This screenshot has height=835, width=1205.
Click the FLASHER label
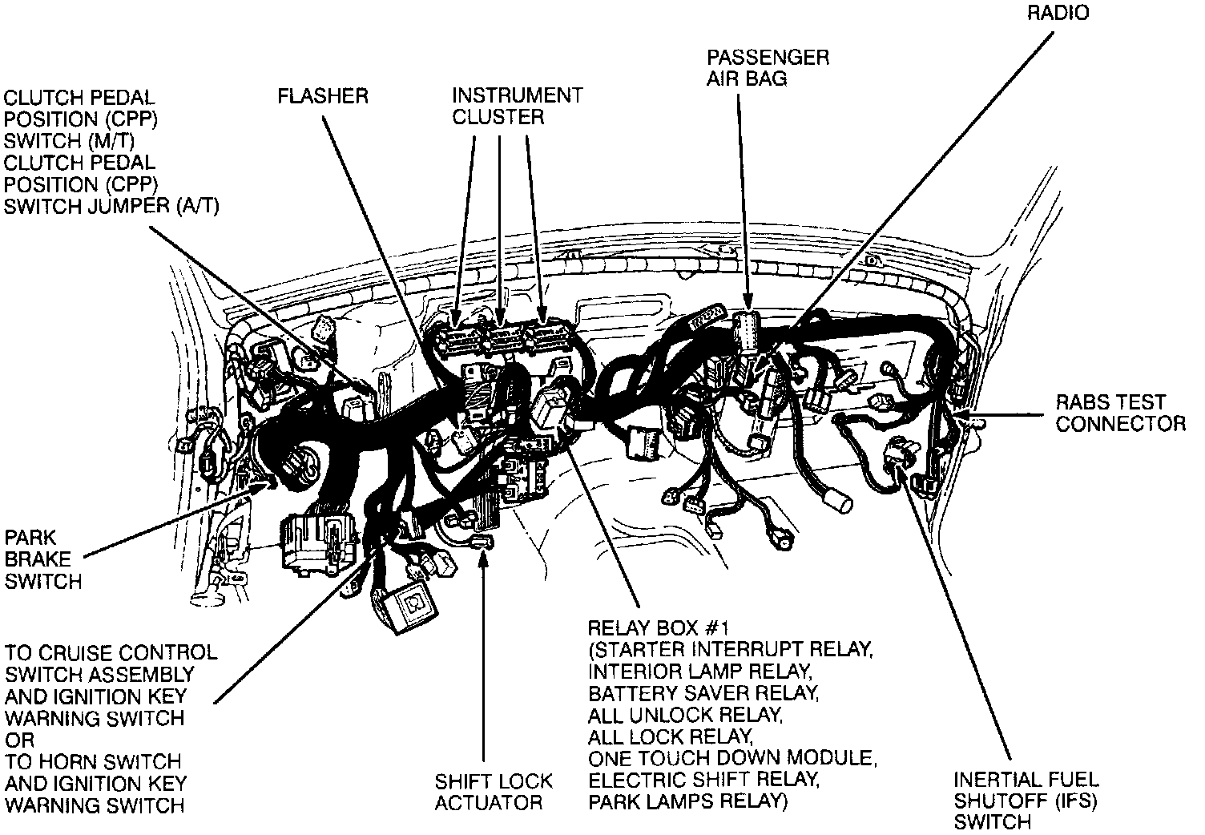(x=322, y=97)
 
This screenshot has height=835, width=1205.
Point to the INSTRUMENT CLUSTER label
(x=517, y=107)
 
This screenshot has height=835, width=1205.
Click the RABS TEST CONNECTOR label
(x=1120, y=413)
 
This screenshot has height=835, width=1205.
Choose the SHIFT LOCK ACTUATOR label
(x=494, y=792)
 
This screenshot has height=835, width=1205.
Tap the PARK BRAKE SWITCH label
(x=43, y=559)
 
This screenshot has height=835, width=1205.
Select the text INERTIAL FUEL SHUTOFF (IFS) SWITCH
(x=1026, y=800)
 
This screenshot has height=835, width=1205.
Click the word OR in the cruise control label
(x=19, y=740)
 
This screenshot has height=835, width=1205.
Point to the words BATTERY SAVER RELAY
(x=703, y=692)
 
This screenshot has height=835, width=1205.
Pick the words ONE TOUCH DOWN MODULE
(x=731, y=758)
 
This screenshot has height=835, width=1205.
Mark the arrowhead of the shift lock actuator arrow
(x=484, y=554)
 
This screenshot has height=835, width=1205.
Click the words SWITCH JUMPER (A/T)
(x=111, y=206)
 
